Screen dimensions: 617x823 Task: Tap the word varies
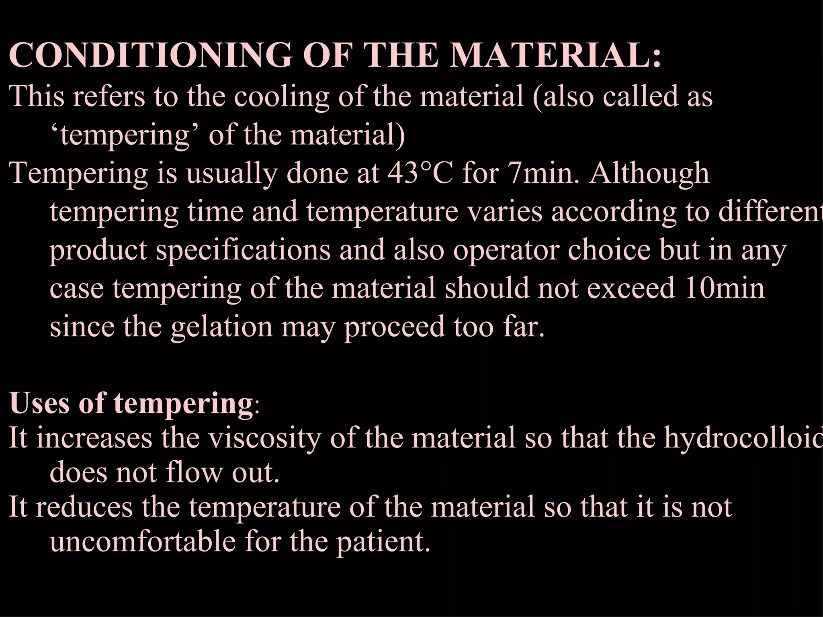(505, 212)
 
